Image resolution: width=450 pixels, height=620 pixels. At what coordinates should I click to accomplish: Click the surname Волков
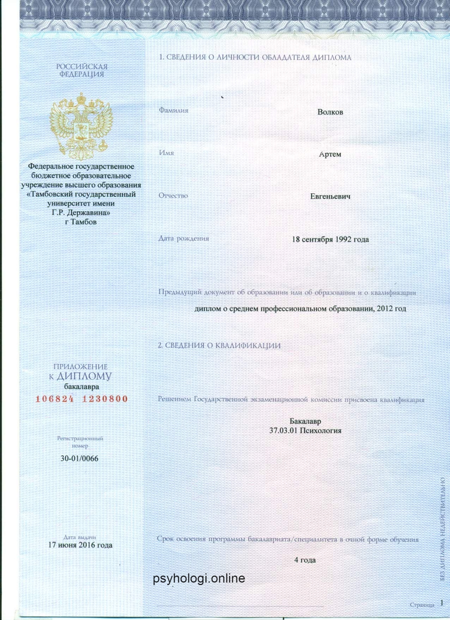click(330, 112)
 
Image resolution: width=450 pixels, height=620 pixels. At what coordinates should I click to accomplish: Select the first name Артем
click(330, 155)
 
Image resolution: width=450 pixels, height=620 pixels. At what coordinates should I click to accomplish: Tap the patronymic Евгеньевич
click(330, 197)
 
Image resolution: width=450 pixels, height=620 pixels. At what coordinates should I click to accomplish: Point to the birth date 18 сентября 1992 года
click(330, 240)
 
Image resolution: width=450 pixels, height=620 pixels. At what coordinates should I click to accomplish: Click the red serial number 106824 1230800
click(82, 399)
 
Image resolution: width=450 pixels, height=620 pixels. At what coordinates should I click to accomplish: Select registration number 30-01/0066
click(79, 459)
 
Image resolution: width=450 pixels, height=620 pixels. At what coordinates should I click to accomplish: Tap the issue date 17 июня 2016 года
click(80, 545)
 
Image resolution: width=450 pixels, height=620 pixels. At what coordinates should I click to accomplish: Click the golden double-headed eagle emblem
click(81, 125)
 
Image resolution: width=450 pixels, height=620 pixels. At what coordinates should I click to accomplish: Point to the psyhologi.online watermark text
click(199, 579)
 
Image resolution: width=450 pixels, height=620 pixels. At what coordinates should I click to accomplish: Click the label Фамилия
click(173, 110)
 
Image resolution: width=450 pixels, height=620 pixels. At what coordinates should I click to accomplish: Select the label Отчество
click(173, 195)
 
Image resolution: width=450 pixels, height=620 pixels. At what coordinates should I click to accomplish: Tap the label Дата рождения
click(184, 239)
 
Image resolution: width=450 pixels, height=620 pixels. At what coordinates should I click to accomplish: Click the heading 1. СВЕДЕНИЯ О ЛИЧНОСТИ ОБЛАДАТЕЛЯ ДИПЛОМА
click(255, 58)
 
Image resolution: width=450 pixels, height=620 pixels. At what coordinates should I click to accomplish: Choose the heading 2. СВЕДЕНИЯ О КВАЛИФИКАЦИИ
click(219, 345)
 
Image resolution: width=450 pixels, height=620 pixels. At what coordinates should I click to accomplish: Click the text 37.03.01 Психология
click(305, 431)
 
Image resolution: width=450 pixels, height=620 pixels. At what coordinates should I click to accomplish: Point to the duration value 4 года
click(305, 560)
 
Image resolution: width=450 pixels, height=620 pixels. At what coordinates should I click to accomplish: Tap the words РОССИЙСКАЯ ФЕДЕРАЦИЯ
click(82, 70)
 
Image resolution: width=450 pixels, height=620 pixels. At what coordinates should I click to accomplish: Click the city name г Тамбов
click(81, 222)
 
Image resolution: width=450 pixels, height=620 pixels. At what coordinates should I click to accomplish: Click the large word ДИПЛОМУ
click(84, 376)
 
